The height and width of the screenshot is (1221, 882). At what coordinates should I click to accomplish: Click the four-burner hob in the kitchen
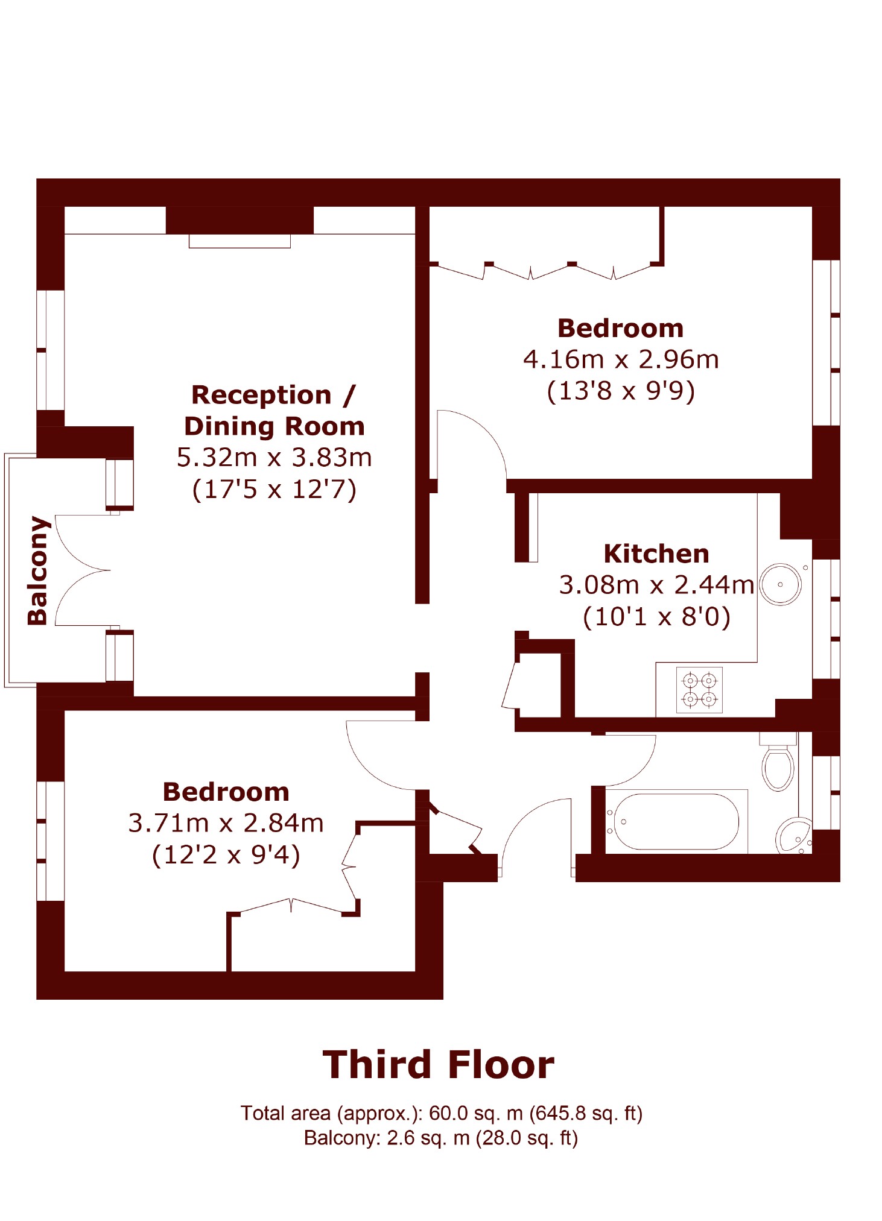(x=699, y=690)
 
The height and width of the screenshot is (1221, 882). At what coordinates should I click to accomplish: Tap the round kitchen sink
(x=780, y=584)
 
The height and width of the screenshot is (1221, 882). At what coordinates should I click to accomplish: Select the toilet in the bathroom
(x=778, y=762)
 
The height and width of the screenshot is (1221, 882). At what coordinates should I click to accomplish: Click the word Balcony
(x=37, y=570)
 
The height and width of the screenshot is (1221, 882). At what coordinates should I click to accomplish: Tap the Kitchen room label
(x=656, y=554)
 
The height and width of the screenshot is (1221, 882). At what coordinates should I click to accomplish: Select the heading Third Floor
(x=439, y=1064)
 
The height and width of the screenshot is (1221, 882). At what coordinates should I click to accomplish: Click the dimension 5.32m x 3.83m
(x=274, y=458)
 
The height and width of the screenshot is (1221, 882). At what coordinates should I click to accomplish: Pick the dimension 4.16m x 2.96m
(x=621, y=359)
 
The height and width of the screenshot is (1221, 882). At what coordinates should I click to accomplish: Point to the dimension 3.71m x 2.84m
(x=226, y=823)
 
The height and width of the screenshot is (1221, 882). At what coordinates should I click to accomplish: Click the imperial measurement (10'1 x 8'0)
(x=656, y=616)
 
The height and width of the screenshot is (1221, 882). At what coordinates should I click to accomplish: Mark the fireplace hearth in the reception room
(x=240, y=241)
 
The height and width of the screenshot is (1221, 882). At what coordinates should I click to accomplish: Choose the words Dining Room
(x=274, y=426)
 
